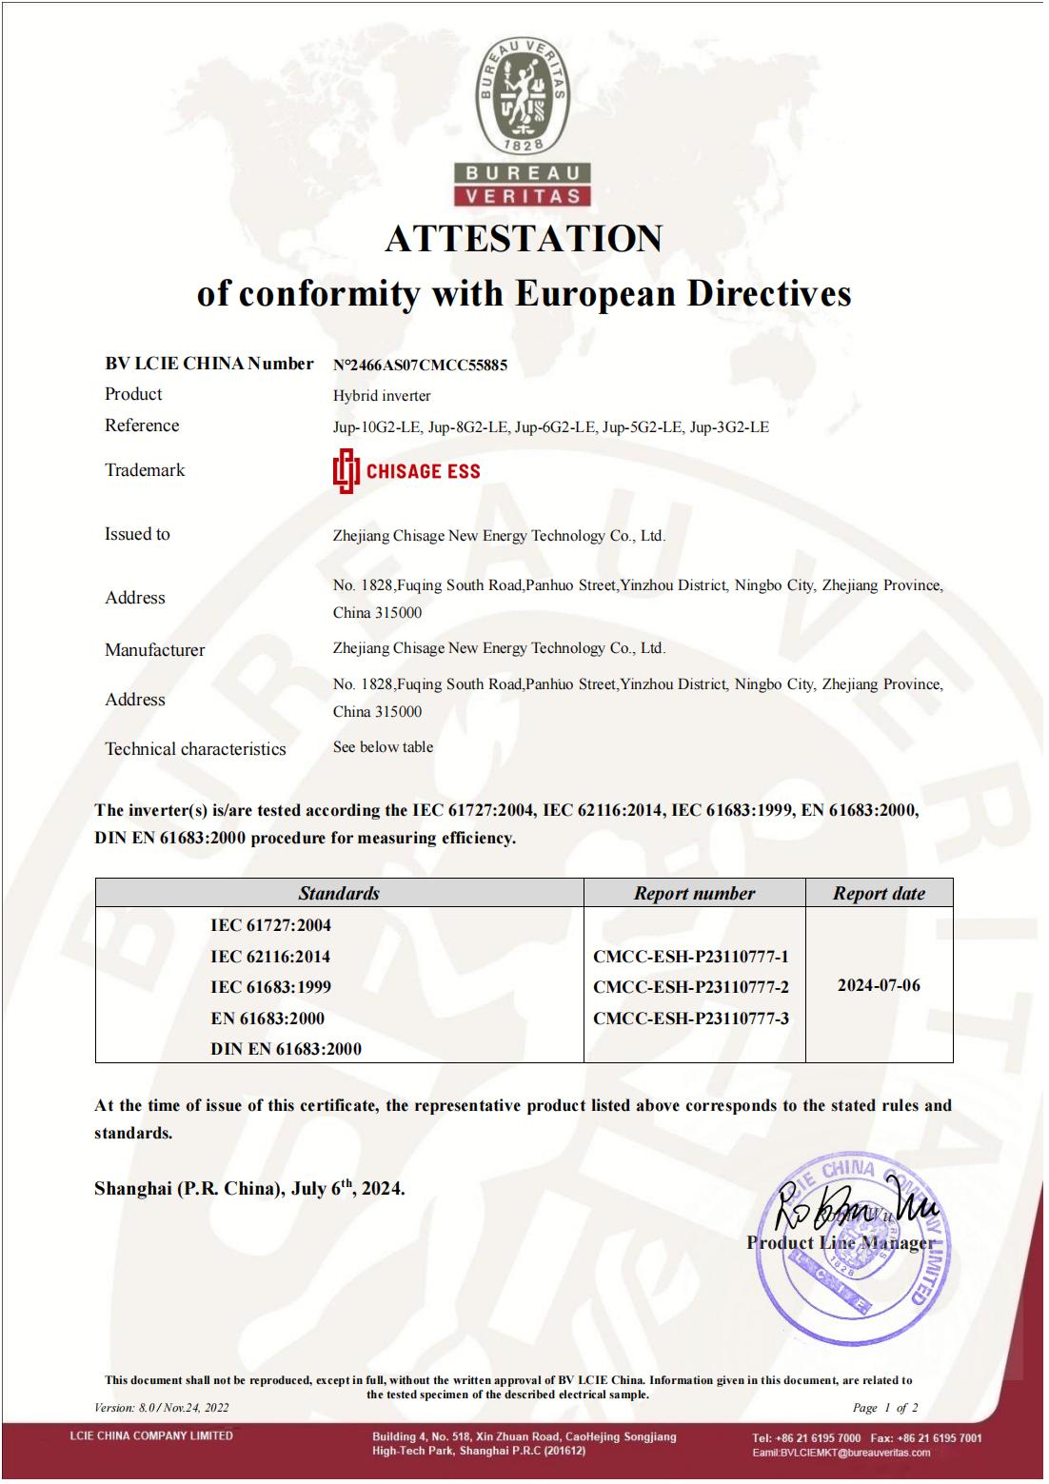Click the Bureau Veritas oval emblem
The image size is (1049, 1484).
pos(524,97)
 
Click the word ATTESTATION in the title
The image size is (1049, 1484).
pos(524,238)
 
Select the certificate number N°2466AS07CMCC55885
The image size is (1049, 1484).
pos(420,365)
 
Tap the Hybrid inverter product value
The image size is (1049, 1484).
pos(382,395)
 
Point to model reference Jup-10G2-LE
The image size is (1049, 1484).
pos(376,427)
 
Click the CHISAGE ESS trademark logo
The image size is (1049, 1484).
pos(406,471)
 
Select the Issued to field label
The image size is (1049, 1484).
pos(137,534)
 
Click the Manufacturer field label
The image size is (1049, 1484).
pos(154,650)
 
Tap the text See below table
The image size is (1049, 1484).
pos(383,747)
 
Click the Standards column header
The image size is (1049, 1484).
pos(339,893)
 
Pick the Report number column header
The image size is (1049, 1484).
pos(694,893)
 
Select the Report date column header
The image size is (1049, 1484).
pos(879,893)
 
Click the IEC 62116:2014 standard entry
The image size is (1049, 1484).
pos(270,957)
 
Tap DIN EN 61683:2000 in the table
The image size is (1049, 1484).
pos(286,1049)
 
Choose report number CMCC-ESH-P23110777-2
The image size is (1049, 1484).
pos(690,987)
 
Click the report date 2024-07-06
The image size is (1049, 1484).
pos(879,985)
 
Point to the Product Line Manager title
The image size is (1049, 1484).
pos(840,1243)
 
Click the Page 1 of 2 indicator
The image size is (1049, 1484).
pos(885,1408)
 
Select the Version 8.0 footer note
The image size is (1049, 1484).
pos(162,1408)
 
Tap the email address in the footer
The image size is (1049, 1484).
pos(841,1453)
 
